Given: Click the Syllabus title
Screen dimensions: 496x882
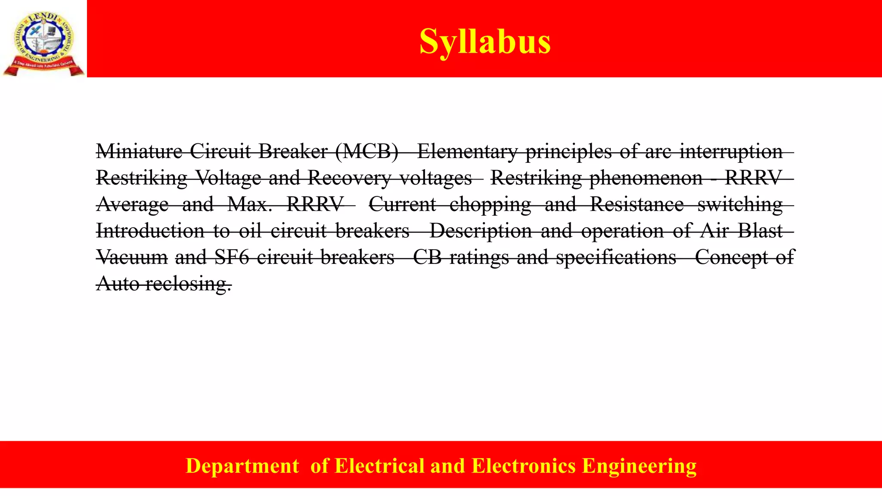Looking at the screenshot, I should click(485, 41).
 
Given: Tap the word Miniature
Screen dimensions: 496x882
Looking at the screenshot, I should click(139, 151).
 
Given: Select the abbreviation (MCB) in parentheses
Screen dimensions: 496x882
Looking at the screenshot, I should click(366, 151).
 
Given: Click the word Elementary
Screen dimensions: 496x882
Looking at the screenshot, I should click(467, 151).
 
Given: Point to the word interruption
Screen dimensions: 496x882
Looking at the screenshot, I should click(731, 151).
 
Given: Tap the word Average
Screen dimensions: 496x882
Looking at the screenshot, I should click(133, 205).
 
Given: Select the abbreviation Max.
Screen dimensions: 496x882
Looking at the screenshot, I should click(250, 205).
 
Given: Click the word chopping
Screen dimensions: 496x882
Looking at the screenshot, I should click(490, 205).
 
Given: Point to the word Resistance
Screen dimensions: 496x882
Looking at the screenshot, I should click(637, 205).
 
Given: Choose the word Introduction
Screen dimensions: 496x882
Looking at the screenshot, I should click(150, 231).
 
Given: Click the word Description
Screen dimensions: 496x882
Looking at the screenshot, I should click(481, 231).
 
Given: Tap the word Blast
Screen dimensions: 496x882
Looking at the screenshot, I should click(760, 231).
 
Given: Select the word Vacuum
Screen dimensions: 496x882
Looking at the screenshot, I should click(132, 257).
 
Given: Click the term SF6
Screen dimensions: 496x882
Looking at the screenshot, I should click(232, 257).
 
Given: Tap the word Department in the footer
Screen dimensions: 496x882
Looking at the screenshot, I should click(242, 466).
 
